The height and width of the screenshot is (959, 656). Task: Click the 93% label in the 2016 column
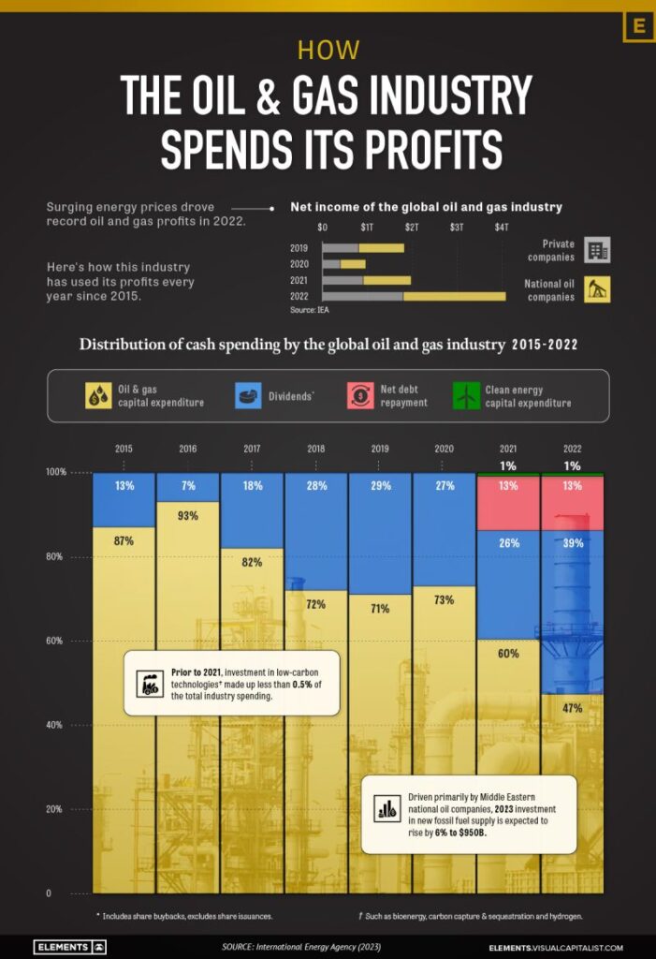[187, 515]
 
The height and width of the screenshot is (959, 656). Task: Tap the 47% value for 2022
[572, 709]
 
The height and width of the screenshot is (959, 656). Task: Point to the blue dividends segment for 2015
[124, 499]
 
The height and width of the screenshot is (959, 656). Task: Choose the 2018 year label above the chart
[315, 450]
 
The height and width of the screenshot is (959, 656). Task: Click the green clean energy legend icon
[466, 396]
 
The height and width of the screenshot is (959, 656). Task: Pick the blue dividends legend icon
[248, 396]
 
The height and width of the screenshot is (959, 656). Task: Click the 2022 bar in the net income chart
[414, 296]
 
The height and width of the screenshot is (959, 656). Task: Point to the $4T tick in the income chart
[502, 228]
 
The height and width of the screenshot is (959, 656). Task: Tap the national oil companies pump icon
[597, 289]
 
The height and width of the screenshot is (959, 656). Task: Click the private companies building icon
[597, 250]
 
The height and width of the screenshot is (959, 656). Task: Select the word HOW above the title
[328, 50]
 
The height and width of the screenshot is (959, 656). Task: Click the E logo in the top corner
[639, 25]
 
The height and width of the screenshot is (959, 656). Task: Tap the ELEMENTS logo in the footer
[70, 947]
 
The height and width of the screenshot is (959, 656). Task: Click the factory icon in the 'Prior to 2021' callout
[149, 684]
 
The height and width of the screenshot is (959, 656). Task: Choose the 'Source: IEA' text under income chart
[309, 309]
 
